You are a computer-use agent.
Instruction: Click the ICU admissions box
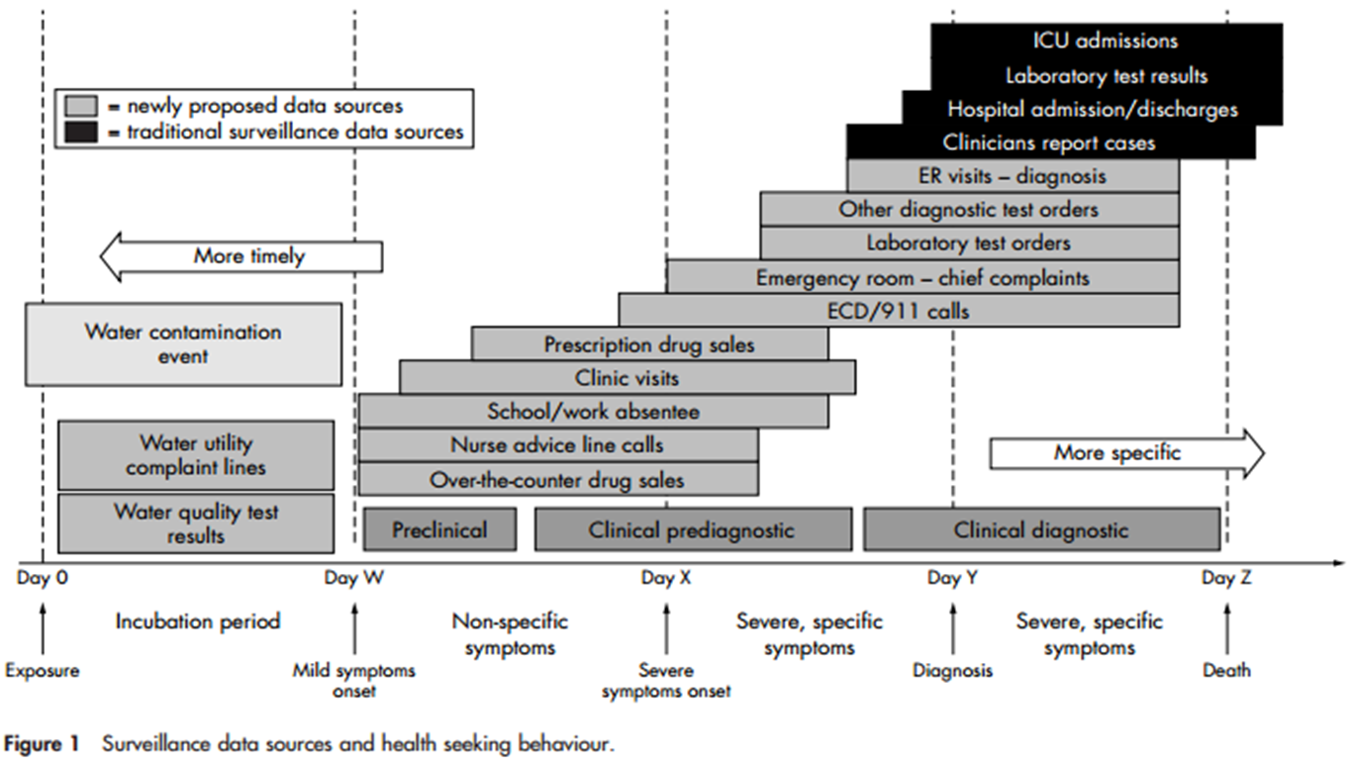point(1106,42)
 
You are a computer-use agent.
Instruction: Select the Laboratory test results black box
point(1106,75)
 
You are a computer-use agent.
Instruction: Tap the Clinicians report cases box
point(1049,143)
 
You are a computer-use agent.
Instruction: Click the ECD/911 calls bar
point(898,311)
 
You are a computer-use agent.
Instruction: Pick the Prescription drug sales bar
point(649,344)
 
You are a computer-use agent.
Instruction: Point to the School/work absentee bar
point(593,412)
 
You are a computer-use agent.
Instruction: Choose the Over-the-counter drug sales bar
point(557,480)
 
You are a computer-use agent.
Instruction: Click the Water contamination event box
point(183,343)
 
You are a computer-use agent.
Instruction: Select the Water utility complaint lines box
point(196,454)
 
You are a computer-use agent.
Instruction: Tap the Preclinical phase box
point(439,529)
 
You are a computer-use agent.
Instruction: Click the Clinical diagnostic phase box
point(1041,529)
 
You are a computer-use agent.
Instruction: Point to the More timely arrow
point(241,256)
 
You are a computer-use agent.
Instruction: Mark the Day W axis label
point(353,578)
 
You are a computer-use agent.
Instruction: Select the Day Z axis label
point(1226,578)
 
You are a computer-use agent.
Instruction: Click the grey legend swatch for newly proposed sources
point(80,106)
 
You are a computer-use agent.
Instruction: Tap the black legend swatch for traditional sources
point(80,132)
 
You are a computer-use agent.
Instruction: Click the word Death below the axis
point(1226,671)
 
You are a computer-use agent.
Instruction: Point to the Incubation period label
point(198,621)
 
